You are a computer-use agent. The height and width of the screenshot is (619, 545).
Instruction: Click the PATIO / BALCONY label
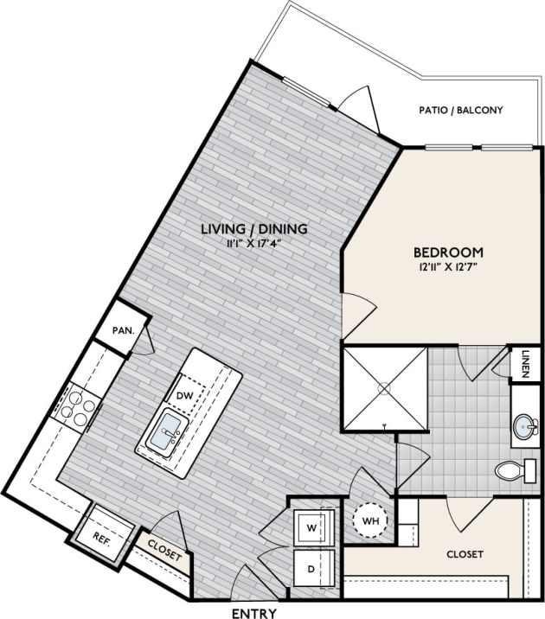(x=460, y=111)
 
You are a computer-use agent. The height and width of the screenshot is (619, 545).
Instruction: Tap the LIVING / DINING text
(x=253, y=229)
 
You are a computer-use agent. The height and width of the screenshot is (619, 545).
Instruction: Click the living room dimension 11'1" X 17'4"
(x=253, y=243)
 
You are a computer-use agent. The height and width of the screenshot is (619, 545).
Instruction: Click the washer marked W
(x=310, y=526)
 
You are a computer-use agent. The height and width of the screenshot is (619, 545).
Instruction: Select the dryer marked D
(x=310, y=570)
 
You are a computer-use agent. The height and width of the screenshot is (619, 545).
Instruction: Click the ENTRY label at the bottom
(x=253, y=612)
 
